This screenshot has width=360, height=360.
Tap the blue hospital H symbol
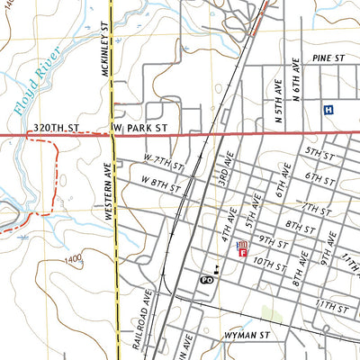click(x=328, y=110)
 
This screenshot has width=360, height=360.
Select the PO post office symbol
click(x=206, y=280)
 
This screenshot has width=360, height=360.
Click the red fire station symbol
click(x=242, y=249)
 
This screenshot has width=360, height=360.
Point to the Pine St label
click(x=330, y=58)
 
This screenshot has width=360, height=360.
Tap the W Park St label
click(x=141, y=129)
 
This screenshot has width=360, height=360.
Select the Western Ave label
click(x=107, y=192)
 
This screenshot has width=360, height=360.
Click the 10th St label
click(x=267, y=265)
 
